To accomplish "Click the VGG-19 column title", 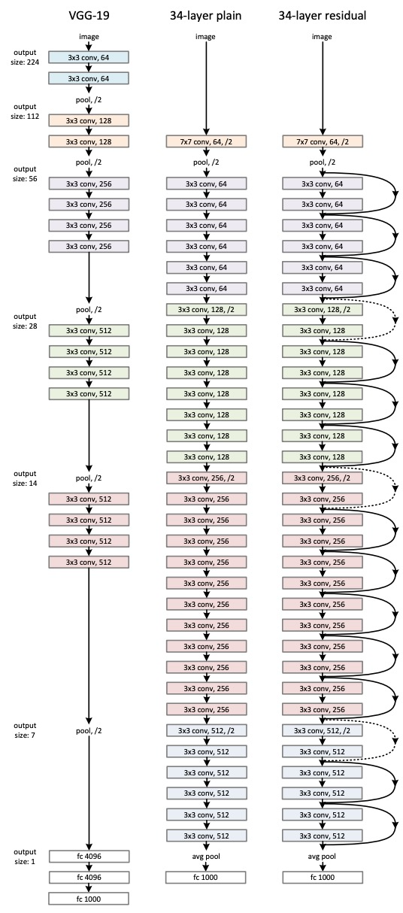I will click(x=89, y=14).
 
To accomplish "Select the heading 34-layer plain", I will click(x=205, y=14).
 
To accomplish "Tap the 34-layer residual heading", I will click(x=322, y=14).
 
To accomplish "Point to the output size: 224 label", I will click(x=26, y=56).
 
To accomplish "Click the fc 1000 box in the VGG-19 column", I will click(x=89, y=897).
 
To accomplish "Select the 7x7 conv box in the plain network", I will click(x=205, y=141).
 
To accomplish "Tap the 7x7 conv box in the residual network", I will click(x=322, y=141).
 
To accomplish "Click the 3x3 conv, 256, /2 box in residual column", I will click(x=322, y=478).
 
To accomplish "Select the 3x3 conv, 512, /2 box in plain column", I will click(x=205, y=729).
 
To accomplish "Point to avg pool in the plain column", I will click(x=205, y=856).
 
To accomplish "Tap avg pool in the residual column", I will click(x=322, y=856).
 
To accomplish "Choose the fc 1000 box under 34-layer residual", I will click(x=322, y=876).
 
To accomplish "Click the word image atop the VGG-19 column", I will click(x=89, y=35).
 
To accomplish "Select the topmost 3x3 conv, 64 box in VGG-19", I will click(x=89, y=56).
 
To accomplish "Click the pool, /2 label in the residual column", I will click(x=322, y=162).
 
